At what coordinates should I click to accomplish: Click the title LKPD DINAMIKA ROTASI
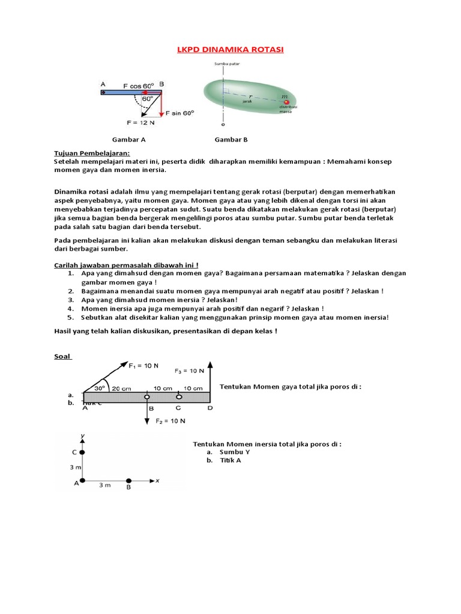coord(230,50)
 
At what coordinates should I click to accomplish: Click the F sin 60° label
coord(180,113)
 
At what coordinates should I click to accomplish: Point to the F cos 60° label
coord(139,85)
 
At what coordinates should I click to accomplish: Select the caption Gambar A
coord(129,140)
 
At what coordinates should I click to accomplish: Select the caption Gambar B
coord(231,140)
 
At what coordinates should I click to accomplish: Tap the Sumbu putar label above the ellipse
coord(223,64)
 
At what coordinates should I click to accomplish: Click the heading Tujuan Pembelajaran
coord(83,153)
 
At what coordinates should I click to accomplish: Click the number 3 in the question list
coord(70,299)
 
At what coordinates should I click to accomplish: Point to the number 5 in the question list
coord(70,317)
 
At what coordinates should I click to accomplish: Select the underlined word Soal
coord(62,357)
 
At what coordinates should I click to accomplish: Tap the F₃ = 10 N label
coord(189,371)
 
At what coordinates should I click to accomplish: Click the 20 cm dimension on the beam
coord(122,387)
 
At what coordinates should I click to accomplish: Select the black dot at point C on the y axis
coord(82,452)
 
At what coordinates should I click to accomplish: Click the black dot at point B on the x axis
coord(128,480)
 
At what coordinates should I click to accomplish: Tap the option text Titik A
coord(230,460)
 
